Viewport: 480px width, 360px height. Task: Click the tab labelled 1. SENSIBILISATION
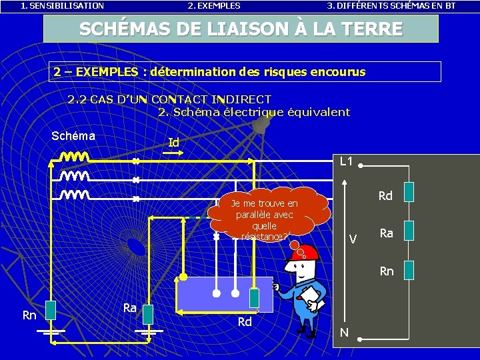62,5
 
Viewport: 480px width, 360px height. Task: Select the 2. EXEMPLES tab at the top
214,5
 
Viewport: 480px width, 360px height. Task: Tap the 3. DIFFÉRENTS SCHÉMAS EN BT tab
391,5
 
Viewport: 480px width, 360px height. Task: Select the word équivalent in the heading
319,112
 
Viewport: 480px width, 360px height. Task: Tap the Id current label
174,143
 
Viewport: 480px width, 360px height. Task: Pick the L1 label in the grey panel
347,161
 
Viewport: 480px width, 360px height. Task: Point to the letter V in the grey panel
353,239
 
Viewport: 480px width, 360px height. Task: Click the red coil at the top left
75,158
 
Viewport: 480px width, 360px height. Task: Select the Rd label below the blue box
245,321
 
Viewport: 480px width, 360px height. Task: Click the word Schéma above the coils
73,136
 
